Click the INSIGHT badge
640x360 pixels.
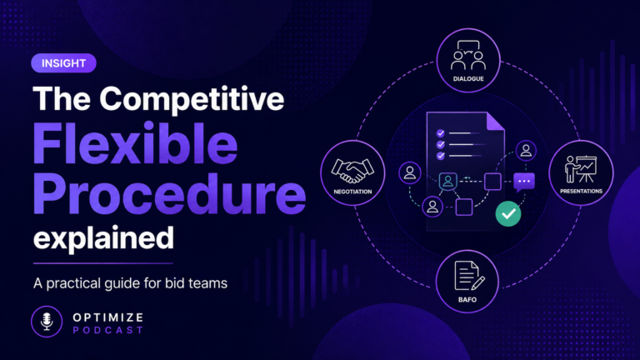click(63, 63)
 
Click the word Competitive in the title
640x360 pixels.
click(192, 100)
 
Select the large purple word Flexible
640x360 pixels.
click(135, 143)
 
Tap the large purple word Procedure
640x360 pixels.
click(169, 194)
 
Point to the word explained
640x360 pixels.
click(103, 239)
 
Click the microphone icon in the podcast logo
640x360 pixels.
click(47, 321)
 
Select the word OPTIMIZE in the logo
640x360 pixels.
click(108, 317)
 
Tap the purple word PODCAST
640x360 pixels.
click(108, 330)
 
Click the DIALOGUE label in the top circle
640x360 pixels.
click(468, 79)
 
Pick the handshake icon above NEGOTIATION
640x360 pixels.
click(352, 170)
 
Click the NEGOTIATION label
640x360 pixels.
click(352, 192)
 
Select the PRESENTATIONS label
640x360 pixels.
click(581, 191)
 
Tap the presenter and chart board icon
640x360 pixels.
click(581, 168)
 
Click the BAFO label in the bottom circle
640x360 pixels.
click(467, 300)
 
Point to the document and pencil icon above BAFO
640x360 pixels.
click(469, 276)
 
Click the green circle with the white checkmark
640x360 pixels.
click(508, 213)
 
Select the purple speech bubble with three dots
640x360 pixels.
click(524, 182)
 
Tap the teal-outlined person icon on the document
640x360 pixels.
click(447, 181)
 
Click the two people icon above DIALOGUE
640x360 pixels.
click(468, 56)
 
